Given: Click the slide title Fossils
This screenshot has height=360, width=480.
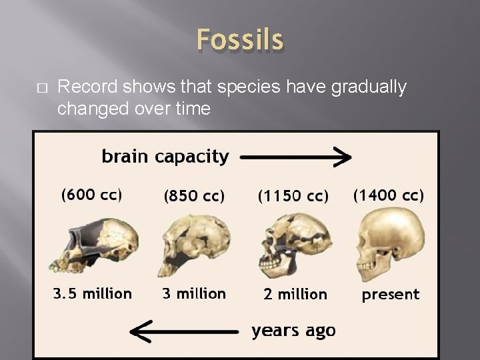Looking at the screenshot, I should [240, 40].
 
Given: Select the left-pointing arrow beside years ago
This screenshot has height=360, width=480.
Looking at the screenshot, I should [184, 330].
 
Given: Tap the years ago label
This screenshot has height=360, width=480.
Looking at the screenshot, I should [293, 330].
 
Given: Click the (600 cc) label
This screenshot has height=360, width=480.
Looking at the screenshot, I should [91, 195].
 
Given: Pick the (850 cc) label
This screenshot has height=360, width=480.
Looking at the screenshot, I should [194, 196].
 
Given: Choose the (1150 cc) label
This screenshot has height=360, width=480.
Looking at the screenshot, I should [293, 196].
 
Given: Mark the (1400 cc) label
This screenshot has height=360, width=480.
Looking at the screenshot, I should [388, 195].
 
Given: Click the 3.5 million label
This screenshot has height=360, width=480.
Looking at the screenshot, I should [93, 293].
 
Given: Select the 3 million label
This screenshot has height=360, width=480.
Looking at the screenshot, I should [194, 293].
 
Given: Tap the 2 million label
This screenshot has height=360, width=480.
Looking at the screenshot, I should [295, 294].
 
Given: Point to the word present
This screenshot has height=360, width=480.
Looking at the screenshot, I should [391, 295].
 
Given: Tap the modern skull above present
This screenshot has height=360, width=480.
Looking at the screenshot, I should [390, 240].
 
